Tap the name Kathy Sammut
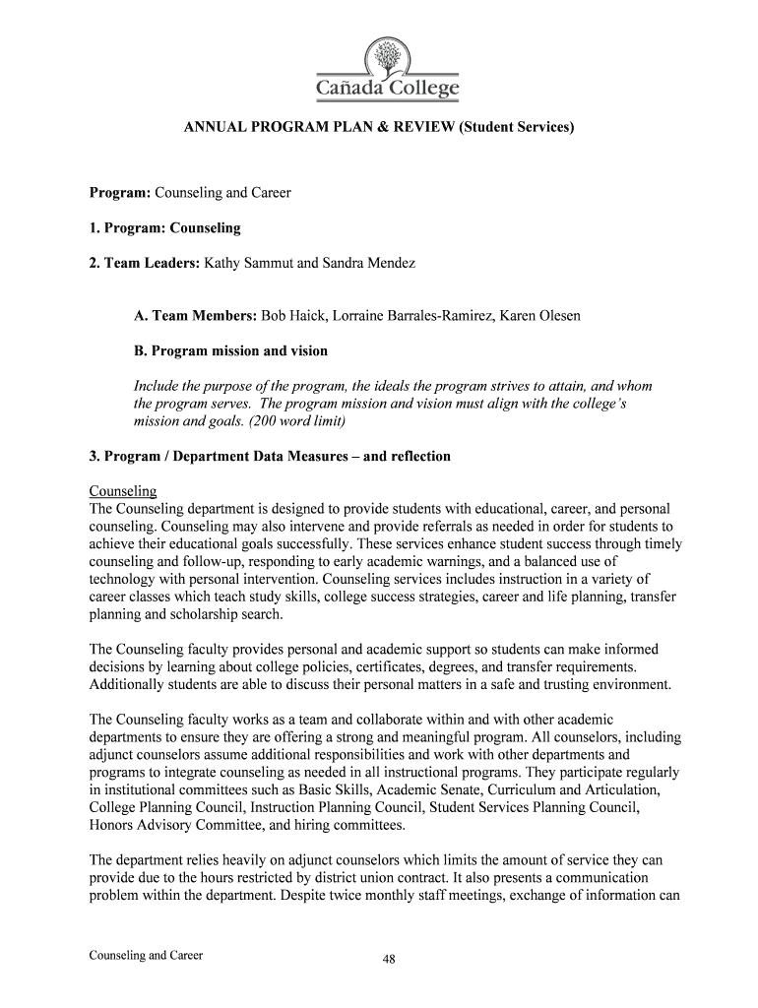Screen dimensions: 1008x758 [248, 264]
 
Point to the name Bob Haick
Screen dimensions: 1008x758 [293, 316]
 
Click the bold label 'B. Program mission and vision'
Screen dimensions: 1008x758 [230, 350]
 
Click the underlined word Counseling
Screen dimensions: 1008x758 [123, 490]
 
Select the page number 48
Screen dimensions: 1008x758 [389, 962]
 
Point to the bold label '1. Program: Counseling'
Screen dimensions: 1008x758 [164, 228]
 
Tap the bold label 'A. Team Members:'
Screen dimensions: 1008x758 [195, 316]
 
